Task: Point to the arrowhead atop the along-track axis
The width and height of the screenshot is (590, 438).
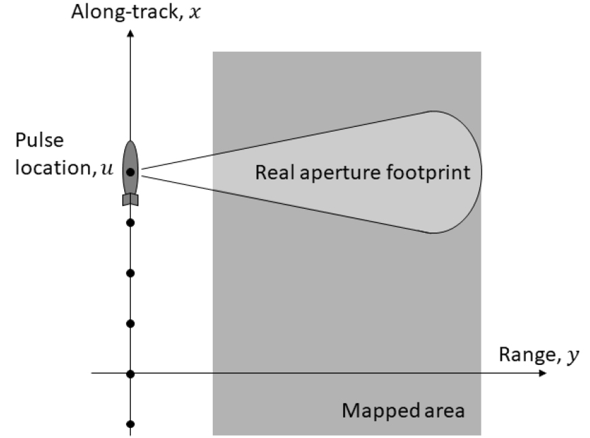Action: click(x=130, y=35)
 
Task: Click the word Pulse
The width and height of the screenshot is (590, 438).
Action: click(x=40, y=142)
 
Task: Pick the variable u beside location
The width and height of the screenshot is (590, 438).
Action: click(x=107, y=168)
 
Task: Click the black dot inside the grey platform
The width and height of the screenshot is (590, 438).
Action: click(x=130, y=171)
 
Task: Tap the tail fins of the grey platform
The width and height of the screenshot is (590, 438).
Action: click(x=130, y=199)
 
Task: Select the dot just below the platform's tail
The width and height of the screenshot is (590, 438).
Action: click(x=130, y=222)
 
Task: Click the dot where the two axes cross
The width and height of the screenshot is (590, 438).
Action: click(x=130, y=374)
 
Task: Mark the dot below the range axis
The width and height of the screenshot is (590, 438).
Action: click(x=130, y=424)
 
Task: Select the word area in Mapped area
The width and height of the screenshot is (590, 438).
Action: click(x=443, y=411)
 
